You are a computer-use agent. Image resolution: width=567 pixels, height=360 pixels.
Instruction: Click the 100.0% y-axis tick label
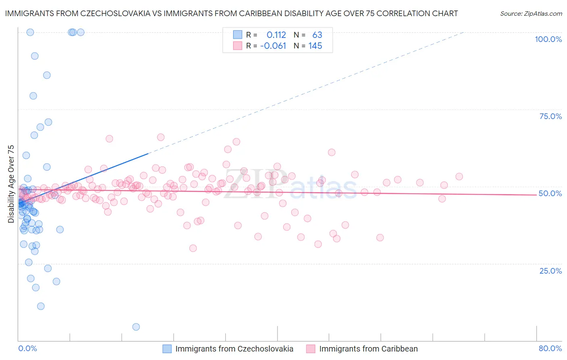[548, 39]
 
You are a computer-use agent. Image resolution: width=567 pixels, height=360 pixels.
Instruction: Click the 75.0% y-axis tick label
[550, 116]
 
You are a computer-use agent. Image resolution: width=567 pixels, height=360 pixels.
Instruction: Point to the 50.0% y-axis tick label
[550, 193]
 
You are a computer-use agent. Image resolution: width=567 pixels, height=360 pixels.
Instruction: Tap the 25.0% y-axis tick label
[550, 271]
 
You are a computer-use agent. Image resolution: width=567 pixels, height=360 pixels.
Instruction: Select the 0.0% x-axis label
[27, 348]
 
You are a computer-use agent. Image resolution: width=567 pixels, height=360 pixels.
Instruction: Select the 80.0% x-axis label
[550, 348]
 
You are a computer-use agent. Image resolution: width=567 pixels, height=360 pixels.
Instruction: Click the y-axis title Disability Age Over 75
[11, 184]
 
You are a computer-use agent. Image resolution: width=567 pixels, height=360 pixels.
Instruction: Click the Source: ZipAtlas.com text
[531, 13]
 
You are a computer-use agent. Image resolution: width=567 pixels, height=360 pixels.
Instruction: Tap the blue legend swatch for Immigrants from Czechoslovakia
[167, 349]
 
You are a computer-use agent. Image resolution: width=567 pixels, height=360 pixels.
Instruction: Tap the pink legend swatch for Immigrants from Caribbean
[311, 349]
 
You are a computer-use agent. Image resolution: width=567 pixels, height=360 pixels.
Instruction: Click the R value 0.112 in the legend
[276, 35]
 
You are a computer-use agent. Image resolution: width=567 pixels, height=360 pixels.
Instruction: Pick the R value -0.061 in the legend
[273, 46]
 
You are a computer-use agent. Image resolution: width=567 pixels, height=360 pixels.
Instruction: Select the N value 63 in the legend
[317, 35]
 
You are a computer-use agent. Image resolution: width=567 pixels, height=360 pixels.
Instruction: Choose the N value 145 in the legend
[315, 46]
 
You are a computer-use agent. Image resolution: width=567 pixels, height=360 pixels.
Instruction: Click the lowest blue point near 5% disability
[136, 327]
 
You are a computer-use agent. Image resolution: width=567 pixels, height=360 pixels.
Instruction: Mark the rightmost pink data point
[459, 176]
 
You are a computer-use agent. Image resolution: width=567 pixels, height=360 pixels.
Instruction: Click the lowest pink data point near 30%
[193, 248]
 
